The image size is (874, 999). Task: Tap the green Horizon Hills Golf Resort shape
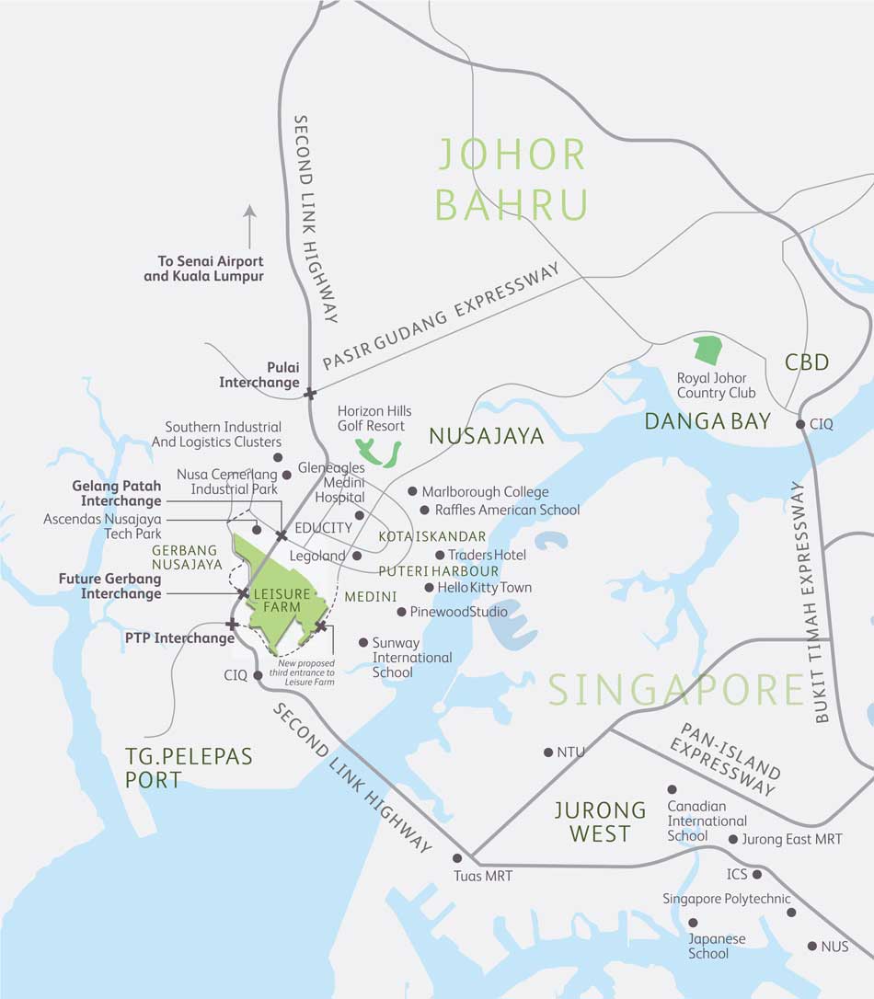click(x=379, y=452)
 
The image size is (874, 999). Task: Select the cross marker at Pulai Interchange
click(x=309, y=393)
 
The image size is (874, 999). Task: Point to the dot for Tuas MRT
click(x=457, y=857)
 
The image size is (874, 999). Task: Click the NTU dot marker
click(x=548, y=752)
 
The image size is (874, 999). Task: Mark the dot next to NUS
click(x=811, y=946)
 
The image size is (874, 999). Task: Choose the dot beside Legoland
click(x=356, y=556)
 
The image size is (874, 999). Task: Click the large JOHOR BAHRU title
click(x=512, y=179)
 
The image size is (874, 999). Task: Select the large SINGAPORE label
click(x=676, y=690)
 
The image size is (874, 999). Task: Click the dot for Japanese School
click(x=693, y=922)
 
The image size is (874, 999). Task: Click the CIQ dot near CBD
click(x=801, y=424)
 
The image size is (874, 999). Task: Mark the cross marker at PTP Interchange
click(x=232, y=625)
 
